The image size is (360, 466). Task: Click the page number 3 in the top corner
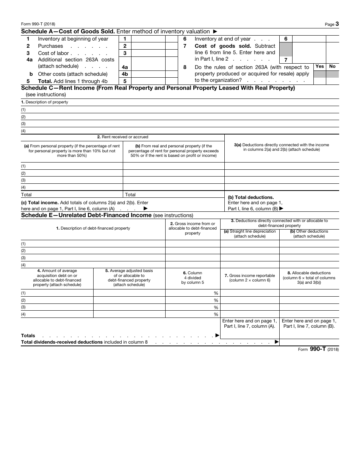pyautogui.click(x=337, y=24)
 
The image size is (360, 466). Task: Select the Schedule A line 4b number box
pyautogui.click(x=125, y=74)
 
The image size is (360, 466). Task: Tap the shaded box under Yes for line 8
pyautogui.click(x=320, y=74)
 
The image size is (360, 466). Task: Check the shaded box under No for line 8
pyautogui.click(x=332, y=74)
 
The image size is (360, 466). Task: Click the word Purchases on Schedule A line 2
pyautogui.click(x=50, y=46)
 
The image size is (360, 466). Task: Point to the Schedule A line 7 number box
pyautogui.click(x=286, y=59)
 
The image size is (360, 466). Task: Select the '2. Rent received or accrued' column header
pyautogui.click(x=122, y=137)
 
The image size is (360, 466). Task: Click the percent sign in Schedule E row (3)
pyautogui.click(x=216, y=307)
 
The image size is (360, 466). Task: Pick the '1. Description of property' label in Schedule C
pyautogui.click(x=45, y=102)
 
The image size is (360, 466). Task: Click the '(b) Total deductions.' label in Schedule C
pyautogui.click(x=250, y=197)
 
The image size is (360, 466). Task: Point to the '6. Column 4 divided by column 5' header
pyautogui.click(x=193, y=278)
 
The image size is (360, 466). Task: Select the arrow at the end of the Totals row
pyautogui.click(x=217, y=335)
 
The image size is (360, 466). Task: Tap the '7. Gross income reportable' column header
pyautogui.click(x=249, y=278)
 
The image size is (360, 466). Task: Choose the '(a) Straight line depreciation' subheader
pyautogui.click(x=250, y=233)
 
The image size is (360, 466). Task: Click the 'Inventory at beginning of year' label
pyautogui.click(x=73, y=39)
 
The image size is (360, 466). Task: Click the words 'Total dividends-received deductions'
pyautogui.click(x=62, y=342)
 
